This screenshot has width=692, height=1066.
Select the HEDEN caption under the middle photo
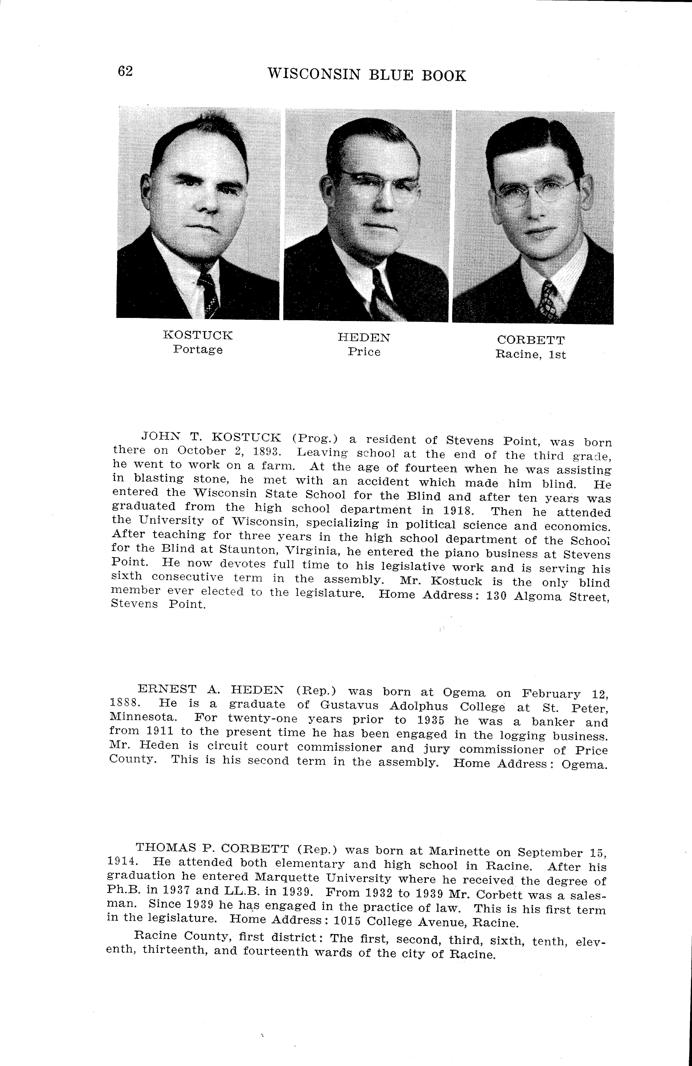pos(364,338)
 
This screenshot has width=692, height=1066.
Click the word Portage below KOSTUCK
pos(198,349)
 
